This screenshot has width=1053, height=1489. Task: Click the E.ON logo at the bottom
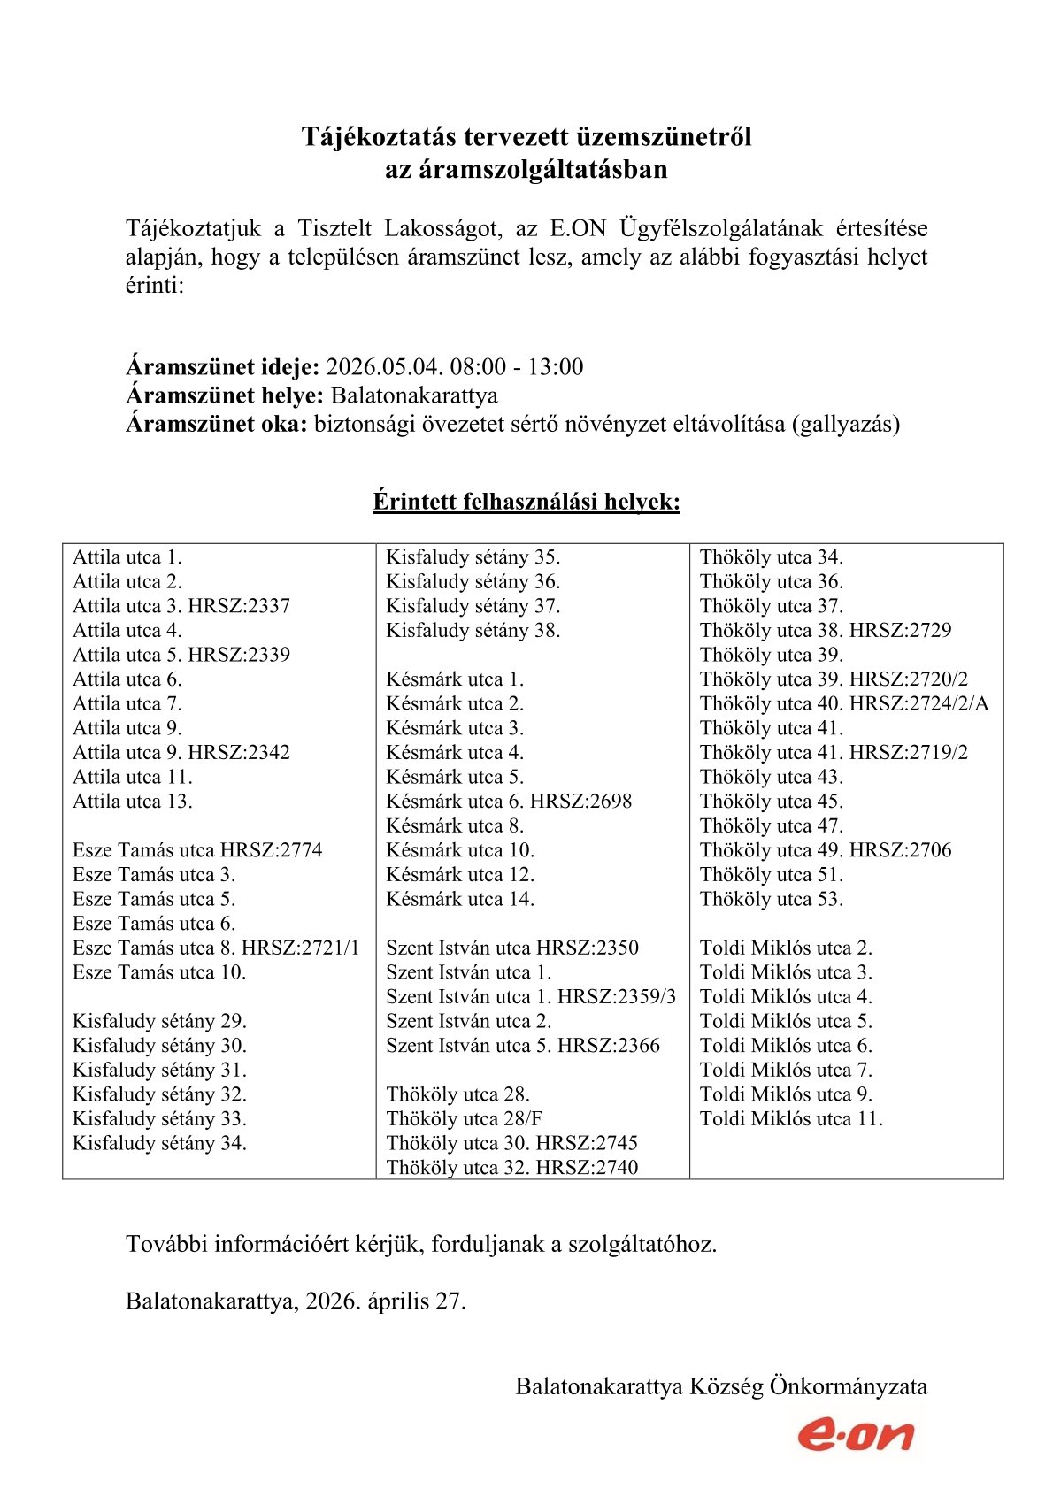(x=855, y=1434)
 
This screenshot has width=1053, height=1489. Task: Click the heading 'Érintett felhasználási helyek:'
(x=526, y=502)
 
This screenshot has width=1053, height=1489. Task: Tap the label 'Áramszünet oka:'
(x=216, y=424)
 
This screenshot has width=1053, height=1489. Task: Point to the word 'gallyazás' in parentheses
(x=846, y=424)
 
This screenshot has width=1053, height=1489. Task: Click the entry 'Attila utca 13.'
(x=132, y=802)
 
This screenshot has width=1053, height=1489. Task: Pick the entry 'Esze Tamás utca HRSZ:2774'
(x=197, y=850)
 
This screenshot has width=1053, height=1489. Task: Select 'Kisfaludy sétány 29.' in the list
(x=159, y=1021)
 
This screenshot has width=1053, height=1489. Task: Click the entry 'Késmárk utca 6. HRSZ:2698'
(x=509, y=802)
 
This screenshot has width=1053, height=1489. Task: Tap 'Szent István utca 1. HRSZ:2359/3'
(x=530, y=997)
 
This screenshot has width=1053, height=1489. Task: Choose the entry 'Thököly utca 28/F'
(x=464, y=1119)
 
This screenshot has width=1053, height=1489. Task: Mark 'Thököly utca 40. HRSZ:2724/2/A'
(x=843, y=704)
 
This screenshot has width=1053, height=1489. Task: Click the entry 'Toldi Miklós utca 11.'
(x=790, y=1119)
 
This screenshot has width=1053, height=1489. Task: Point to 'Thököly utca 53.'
(x=771, y=899)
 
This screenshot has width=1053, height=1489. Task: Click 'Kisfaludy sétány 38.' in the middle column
(x=473, y=631)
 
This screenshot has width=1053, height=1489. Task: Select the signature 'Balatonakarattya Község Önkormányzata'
(x=721, y=1385)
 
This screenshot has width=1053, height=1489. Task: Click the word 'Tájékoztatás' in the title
(x=379, y=137)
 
